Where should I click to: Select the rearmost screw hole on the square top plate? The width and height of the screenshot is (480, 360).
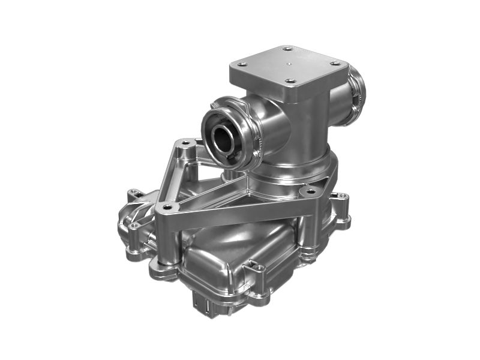tap(287, 49)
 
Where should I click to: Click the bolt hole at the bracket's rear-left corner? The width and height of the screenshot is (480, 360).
tap(185, 143)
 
